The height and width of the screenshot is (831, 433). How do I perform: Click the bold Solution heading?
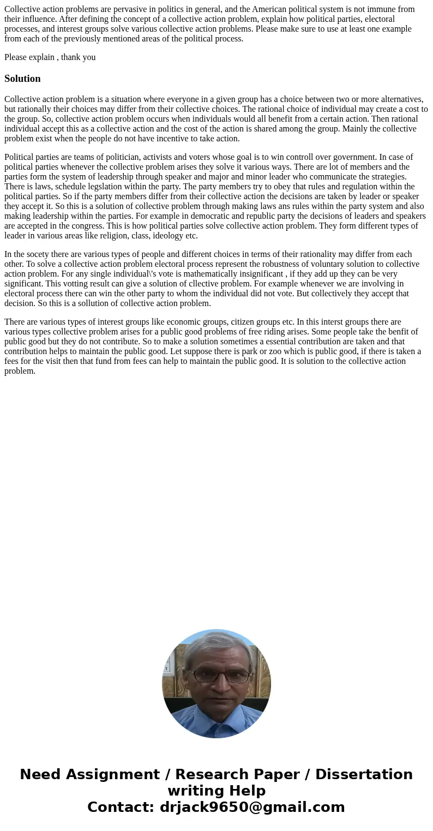tap(22, 79)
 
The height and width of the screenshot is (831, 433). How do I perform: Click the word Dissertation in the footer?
tap(364, 775)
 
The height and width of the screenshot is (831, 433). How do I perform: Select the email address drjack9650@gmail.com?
tap(252, 808)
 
